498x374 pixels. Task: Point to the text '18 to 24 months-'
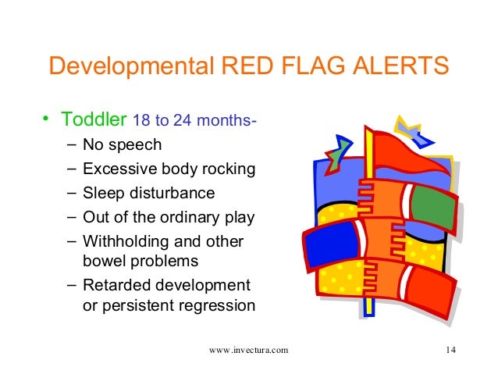pos(195,122)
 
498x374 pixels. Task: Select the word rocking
pos(228,169)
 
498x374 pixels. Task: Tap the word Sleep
pos(101,193)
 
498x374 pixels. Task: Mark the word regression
pos(215,305)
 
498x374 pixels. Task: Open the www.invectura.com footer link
pos(249,350)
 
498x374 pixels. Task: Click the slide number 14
pos(450,350)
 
